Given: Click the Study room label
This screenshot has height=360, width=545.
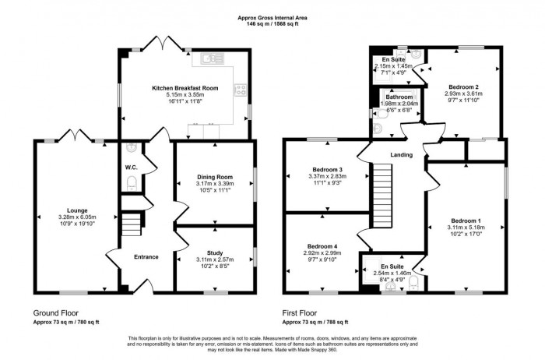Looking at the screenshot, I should point(214,252).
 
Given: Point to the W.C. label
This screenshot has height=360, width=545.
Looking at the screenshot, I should point(131,168).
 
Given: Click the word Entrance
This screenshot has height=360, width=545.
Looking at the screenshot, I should point(146,257).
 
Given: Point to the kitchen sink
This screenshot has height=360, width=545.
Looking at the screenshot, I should point(212,58).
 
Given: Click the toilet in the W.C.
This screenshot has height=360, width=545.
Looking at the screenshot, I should point(131,182).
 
